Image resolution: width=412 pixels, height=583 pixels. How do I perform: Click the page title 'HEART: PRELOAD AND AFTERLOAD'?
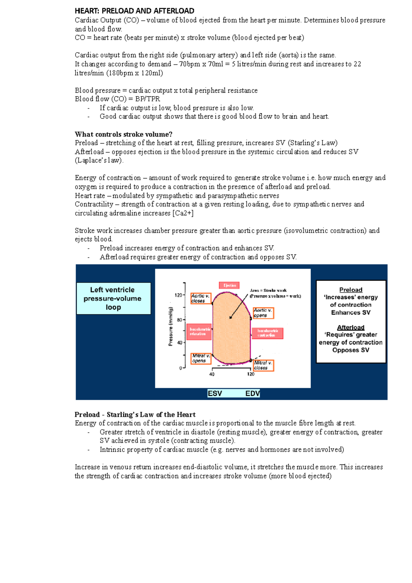point(135,11)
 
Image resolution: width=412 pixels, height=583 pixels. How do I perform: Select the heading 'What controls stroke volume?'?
point(124,134)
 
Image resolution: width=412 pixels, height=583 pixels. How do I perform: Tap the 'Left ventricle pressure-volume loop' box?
point(113,298)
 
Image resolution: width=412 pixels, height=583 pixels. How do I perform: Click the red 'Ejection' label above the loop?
point(229,285)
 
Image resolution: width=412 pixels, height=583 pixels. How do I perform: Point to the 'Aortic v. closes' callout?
point(201,298)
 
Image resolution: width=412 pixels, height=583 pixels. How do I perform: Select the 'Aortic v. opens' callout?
point(263,313)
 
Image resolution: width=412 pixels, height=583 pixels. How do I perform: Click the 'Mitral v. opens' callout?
point(201,358)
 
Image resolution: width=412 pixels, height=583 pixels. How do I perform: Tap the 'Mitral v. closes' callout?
point(263,365)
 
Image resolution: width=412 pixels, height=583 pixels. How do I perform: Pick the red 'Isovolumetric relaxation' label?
point(199,331)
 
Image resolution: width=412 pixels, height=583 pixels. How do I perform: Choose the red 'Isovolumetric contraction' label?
point(267,333)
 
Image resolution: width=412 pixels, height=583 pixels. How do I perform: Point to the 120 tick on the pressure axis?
point(179,295)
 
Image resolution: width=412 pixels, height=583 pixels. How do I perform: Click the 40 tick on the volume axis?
point(212,374)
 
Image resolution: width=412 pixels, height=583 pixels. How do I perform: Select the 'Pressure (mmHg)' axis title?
point(170,326)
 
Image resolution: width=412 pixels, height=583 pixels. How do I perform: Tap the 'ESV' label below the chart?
point(215,393)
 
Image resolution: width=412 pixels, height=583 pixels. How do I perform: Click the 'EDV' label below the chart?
point(252,393)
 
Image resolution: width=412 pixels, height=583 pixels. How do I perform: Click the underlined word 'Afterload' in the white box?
point(351,328)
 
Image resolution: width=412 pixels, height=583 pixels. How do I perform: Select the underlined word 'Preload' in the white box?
point(351,290)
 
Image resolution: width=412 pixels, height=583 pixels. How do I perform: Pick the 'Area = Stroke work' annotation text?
point(268,290)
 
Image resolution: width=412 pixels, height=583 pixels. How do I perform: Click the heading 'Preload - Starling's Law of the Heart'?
point(135,414)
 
